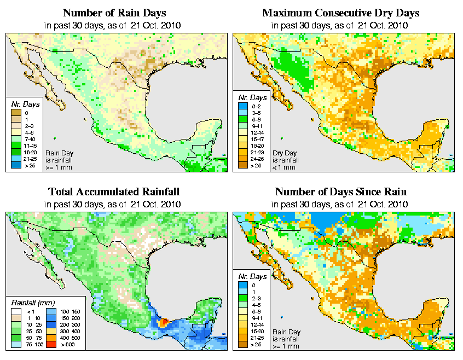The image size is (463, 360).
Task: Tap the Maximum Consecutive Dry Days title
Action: [341, 13]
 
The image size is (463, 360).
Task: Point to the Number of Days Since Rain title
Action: [341, 192]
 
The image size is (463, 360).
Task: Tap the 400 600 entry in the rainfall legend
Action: [67, 339]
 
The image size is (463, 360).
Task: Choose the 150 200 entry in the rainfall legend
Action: [67, 318]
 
